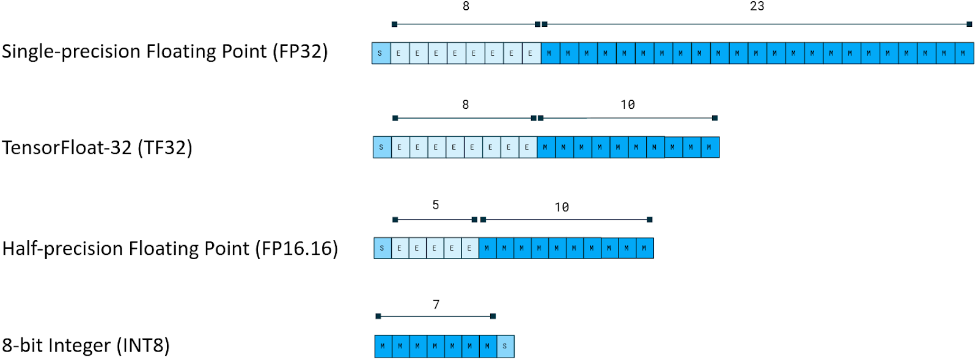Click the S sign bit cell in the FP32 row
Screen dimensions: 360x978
click(x=380, y=53)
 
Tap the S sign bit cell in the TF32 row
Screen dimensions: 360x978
click(x=381, y=147)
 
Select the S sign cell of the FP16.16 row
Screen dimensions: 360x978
click(x=382, y=248)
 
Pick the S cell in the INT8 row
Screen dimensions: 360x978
click(x=505, y=346)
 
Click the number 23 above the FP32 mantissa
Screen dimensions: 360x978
click(x=757, y=7)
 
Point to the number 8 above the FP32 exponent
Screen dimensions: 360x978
click(x=466, y=7)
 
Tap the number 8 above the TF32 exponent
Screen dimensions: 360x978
click(x=465, y=105)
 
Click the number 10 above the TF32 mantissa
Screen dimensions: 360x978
click(x=628, y=105)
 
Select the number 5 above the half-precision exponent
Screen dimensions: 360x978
click(x=436, y=205)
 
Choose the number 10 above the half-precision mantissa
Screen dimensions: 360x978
click(x=562, y=207)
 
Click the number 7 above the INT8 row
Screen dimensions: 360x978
click(x=436, y=304)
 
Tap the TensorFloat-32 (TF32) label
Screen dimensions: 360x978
click(x=97, y=147)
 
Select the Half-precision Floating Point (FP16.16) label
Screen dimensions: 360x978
click(x=170, y=248)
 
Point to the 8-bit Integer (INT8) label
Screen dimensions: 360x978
click(x=86, y=345)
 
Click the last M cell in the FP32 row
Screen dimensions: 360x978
click(x=963, y=53)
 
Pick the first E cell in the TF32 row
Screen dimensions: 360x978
click(x=400, y=147)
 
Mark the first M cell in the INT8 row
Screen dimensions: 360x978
click(x=383, y=346)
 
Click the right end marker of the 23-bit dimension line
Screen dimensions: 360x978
click(x=969, y=24)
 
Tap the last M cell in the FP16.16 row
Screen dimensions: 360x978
click(x=644, y=248)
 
